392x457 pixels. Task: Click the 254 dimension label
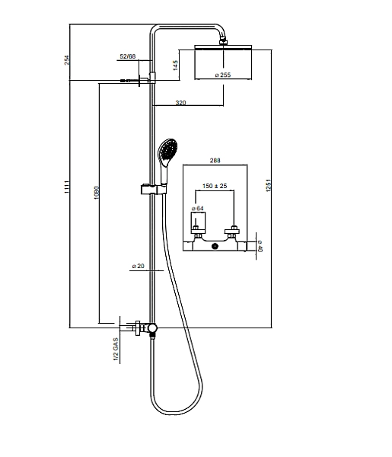coord(67,60)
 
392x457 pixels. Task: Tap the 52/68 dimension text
coord(128,56)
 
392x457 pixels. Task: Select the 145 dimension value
coord(175,66)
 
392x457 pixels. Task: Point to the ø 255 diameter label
coord(223,75)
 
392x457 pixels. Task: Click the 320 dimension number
coord(180,103)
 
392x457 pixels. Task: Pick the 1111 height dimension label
coord(67,187)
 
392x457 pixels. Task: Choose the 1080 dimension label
coord(97,193)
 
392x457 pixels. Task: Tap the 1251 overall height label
coord(269,185)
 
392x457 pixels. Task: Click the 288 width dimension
coord(215,160)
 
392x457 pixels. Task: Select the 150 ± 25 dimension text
coord(215,186)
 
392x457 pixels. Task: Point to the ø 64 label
coord(198,209)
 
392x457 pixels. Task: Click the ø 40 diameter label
coord(260,246)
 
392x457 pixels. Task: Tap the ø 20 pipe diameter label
coord(138,266)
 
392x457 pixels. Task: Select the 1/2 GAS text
coord(116,349)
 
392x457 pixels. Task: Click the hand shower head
coord(167,152)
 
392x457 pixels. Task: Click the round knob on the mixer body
coord(215,247)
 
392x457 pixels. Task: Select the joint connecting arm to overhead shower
coord(223,40)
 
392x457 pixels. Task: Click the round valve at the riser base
coord(152,328)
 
